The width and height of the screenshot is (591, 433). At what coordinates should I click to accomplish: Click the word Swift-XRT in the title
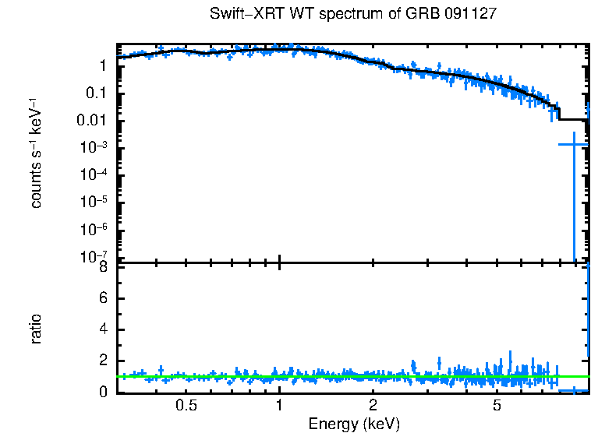[245, 15]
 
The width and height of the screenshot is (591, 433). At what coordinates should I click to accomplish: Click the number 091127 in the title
[470, 15]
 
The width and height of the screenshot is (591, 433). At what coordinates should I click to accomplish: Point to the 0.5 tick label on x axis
[186, 406]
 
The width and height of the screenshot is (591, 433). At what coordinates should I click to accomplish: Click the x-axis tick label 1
[279, 406]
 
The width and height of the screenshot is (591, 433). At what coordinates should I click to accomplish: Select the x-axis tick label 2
[373, 406]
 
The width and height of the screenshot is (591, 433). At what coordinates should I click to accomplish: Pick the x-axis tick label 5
[497, 406]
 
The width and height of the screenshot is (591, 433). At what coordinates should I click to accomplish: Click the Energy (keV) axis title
[353, 424]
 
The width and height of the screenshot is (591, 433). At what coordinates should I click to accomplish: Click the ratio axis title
[36, 329]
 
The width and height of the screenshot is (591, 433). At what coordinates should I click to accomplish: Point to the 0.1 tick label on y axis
[97, 93]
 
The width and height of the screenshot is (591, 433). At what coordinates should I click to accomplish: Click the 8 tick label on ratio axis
[104, 268]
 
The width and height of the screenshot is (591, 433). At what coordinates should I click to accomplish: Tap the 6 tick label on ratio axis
[104, 299]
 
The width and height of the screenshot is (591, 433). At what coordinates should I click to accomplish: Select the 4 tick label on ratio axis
[104, 330]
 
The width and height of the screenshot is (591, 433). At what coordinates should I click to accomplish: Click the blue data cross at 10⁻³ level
[574, 144]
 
